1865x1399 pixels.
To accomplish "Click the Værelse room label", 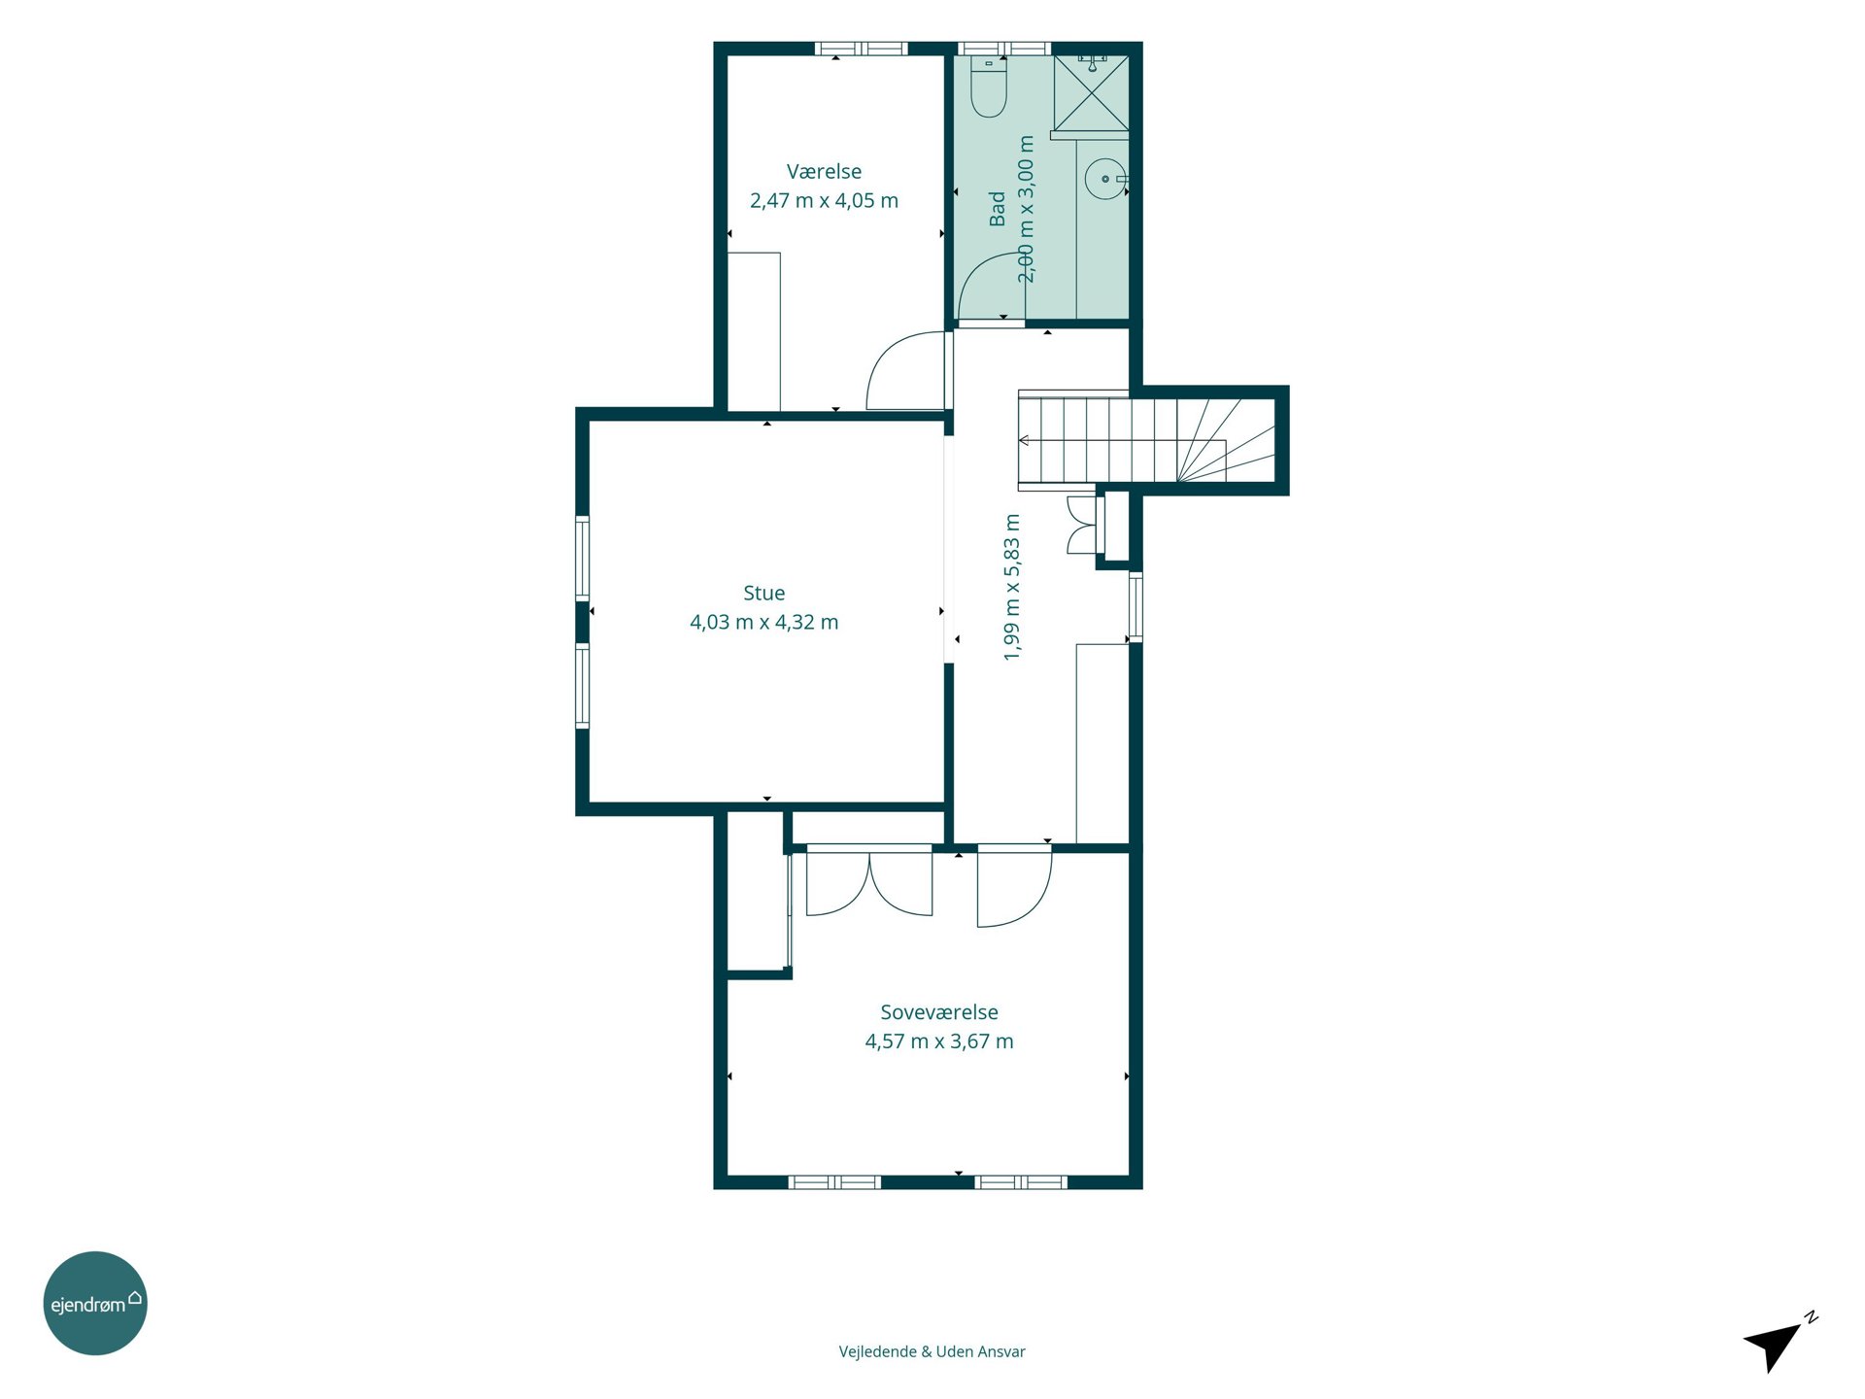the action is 824,172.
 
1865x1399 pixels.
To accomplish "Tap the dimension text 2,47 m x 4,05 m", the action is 824,201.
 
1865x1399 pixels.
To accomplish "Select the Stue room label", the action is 763,593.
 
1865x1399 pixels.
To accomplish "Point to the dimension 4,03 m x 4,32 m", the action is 763,622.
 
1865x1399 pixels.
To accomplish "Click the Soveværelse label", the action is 939,1012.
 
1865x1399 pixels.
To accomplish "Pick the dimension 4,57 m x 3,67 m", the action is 939,1041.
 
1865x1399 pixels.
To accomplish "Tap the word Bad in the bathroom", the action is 998,209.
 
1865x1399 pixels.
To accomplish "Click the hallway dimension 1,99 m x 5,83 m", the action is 1012,588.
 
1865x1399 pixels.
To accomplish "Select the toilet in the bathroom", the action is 989,86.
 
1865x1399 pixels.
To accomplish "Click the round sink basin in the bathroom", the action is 1105,180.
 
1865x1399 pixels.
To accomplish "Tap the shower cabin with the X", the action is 1091,93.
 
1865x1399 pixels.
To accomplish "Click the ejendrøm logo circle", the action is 95,1303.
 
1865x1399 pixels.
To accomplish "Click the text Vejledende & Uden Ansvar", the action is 932,1351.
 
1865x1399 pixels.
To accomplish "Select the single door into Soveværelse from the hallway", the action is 1014,886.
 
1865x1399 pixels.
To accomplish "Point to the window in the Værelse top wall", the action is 861,49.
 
